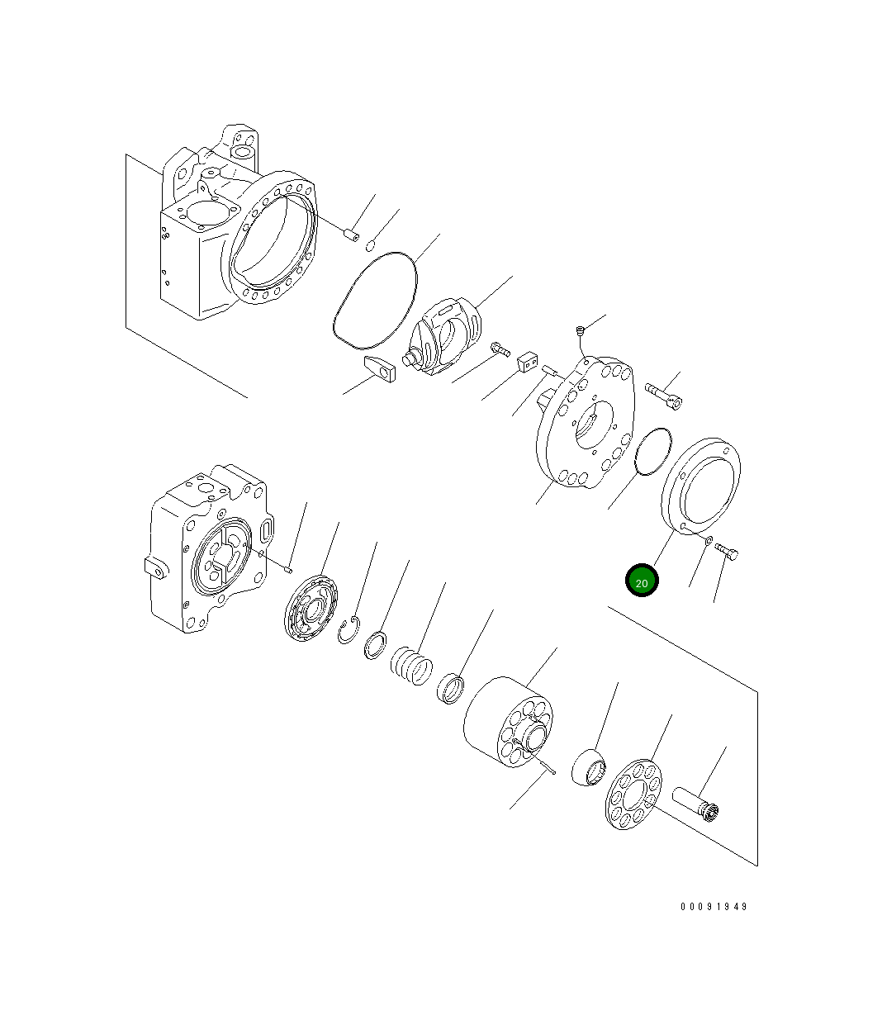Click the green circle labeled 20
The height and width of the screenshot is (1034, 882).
tap(642, 581)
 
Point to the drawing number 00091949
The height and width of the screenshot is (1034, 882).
tap(714, 906)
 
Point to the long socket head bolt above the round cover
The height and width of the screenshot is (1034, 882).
tap(663, 395)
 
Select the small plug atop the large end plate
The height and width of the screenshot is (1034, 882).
tap(581, 331)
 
